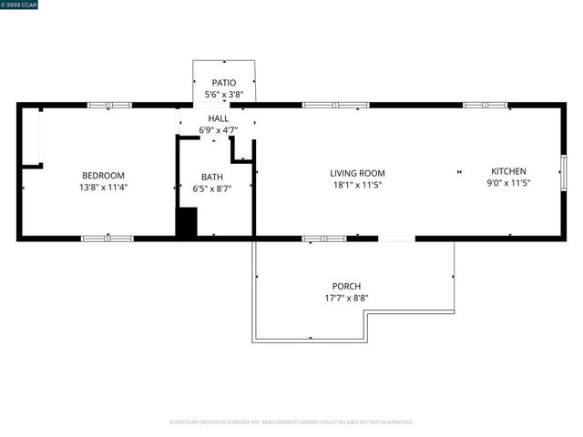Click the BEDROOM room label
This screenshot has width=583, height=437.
click(103, 175)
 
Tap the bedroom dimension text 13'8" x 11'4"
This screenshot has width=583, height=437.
click(103, 188)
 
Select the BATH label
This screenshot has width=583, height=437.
click(211, 177)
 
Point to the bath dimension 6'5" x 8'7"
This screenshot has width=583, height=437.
click(211, 189)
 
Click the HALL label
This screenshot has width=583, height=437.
click(219, 118)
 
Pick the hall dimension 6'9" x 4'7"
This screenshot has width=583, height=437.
click(219, 130)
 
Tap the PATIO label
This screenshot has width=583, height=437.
click(224, 83)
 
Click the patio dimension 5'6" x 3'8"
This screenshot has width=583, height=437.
click(224, 95)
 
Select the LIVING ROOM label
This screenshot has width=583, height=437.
click(357, 173)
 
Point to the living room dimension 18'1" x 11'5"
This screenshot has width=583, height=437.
click(357, 185)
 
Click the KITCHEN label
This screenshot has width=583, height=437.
click(508, 171)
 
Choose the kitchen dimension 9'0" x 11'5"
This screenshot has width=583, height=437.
click(508, 183)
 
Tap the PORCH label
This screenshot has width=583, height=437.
click(346, 286)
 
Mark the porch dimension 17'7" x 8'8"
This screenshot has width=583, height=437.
click(346, 298)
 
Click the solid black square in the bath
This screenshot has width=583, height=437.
click(187, 222)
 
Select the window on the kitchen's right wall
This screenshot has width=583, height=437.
click(564, 170)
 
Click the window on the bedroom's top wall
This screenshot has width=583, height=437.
click(109, 106)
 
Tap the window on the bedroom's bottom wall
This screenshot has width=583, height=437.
click(107, 239)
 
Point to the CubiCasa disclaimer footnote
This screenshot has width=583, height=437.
click(291, 422)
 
